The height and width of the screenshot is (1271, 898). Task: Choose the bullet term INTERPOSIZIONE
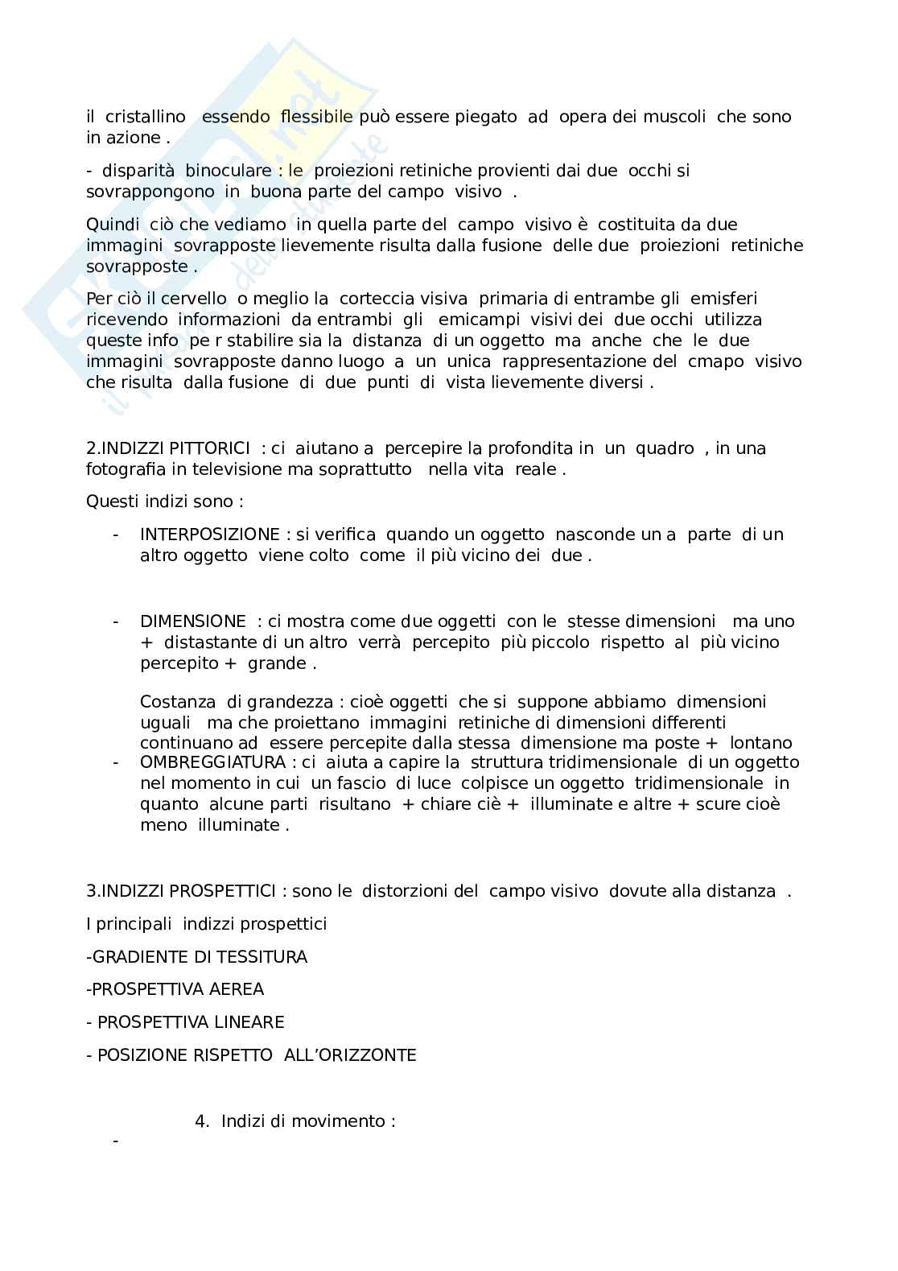pyautogui.click(x=209, y=534)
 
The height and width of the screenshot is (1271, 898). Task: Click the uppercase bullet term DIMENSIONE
pyautogui.click(x=193, y=621)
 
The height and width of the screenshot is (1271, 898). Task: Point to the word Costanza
pyautogui.click(x=178, y=702)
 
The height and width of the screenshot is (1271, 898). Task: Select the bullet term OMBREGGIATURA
pyautogui.click(x=212, y=762)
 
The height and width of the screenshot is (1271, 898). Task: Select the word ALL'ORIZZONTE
pyautogui.click(x=350, y=1055)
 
